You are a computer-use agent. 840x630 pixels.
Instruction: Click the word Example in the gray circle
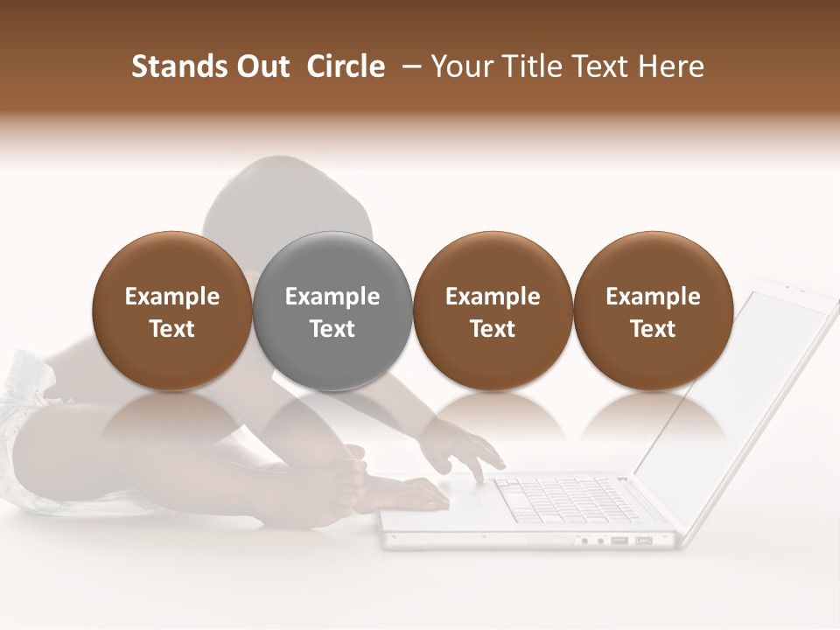point(332,297)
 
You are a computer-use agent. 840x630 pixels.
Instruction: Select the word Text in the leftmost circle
point(172,329)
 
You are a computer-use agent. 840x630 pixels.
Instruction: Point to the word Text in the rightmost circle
point(653,329)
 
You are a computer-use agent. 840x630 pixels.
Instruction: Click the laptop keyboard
point(560,499)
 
